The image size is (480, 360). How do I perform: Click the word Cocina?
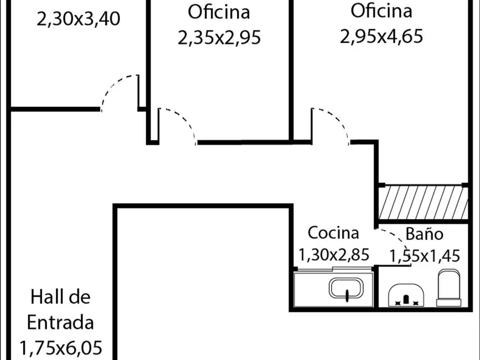coord(333,232)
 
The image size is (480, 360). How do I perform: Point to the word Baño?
coord(424,233)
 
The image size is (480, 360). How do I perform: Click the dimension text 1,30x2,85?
coord(334,255)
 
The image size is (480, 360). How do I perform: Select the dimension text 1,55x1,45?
coord(425,255)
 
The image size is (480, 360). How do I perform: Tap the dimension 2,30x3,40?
coord(78,19)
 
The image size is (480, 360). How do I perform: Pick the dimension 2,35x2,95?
coord(218,37)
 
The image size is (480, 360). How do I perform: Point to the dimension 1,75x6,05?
coord(60,348)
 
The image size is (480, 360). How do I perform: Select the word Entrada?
coord(60,322)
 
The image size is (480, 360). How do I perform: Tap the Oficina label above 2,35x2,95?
coord(218,12)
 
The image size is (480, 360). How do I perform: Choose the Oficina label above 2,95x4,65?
coord(381,11)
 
